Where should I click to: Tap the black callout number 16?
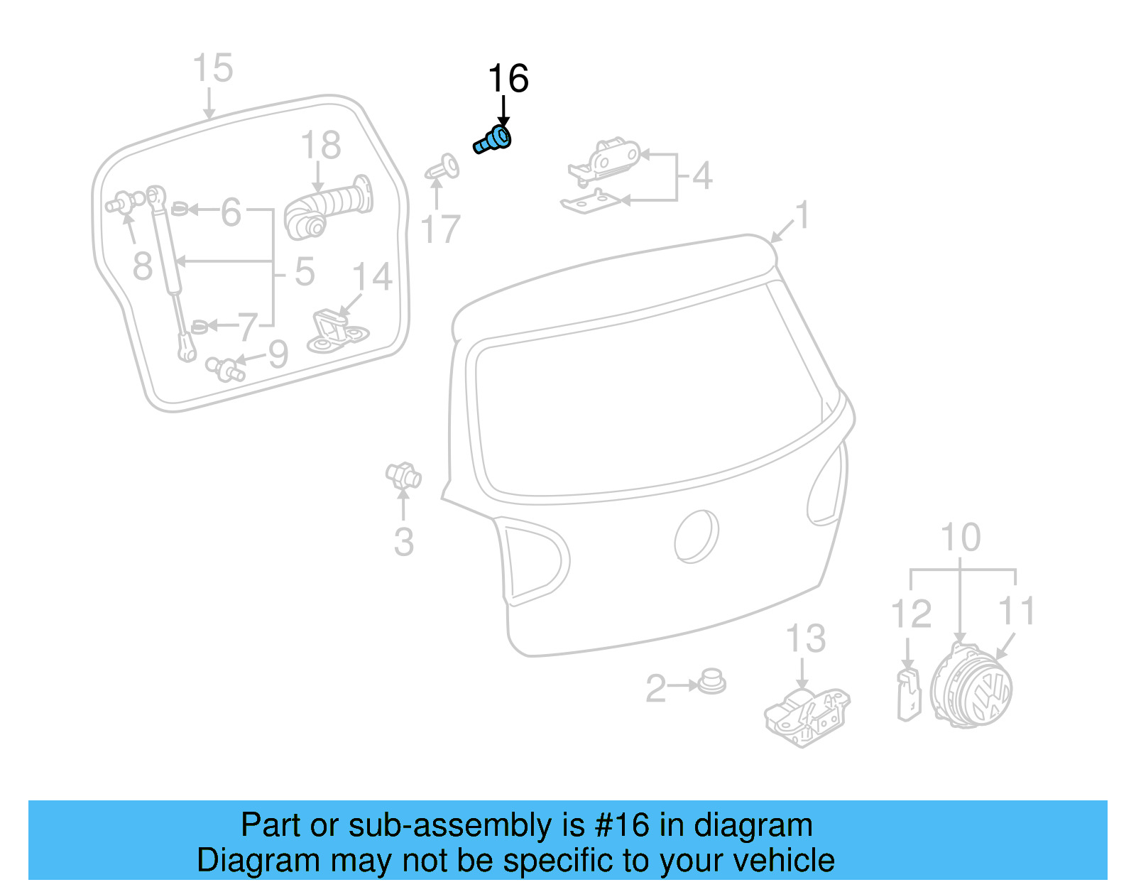pos(508,79)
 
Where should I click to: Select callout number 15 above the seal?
pos(212,69)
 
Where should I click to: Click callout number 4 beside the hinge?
pos(701,176)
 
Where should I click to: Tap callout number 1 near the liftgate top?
pos(802,215)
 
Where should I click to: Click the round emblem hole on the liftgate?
pos(696,536)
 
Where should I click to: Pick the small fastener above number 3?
pos(403,475)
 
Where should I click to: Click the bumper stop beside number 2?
pos(711,682)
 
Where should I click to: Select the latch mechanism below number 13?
pos(807,717)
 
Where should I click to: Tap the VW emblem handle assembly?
pos(971,685)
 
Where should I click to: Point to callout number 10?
pos(960,538)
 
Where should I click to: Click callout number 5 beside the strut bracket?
pos(305,272)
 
